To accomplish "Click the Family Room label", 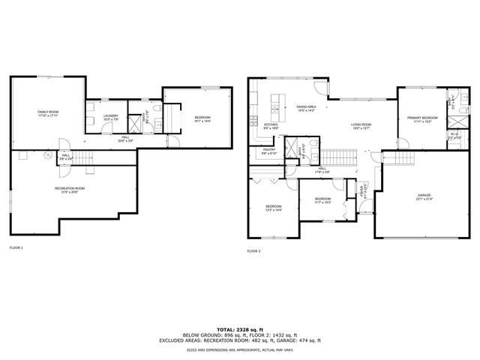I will click(x=48, y=113).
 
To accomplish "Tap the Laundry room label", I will click(x=111, y=116).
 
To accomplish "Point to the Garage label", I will click(x=424, y=196).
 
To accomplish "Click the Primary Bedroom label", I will click(x=422, y=118).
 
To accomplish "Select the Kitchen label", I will click(x=271, y=125).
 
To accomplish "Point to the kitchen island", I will click(x=276, y=99).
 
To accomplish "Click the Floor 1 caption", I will click(x=16, y=247).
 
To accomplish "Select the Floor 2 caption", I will click(x=254, y=250).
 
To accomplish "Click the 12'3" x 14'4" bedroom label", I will click(x=273, y=208).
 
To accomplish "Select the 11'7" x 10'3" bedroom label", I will click(x=322, y=200).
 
